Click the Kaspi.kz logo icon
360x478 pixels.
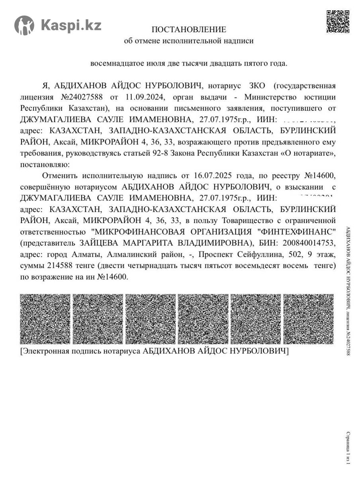24,25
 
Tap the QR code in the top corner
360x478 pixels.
338,22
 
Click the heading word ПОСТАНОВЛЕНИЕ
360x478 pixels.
189,29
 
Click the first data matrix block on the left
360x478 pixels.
45,319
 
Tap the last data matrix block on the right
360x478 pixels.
308,319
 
